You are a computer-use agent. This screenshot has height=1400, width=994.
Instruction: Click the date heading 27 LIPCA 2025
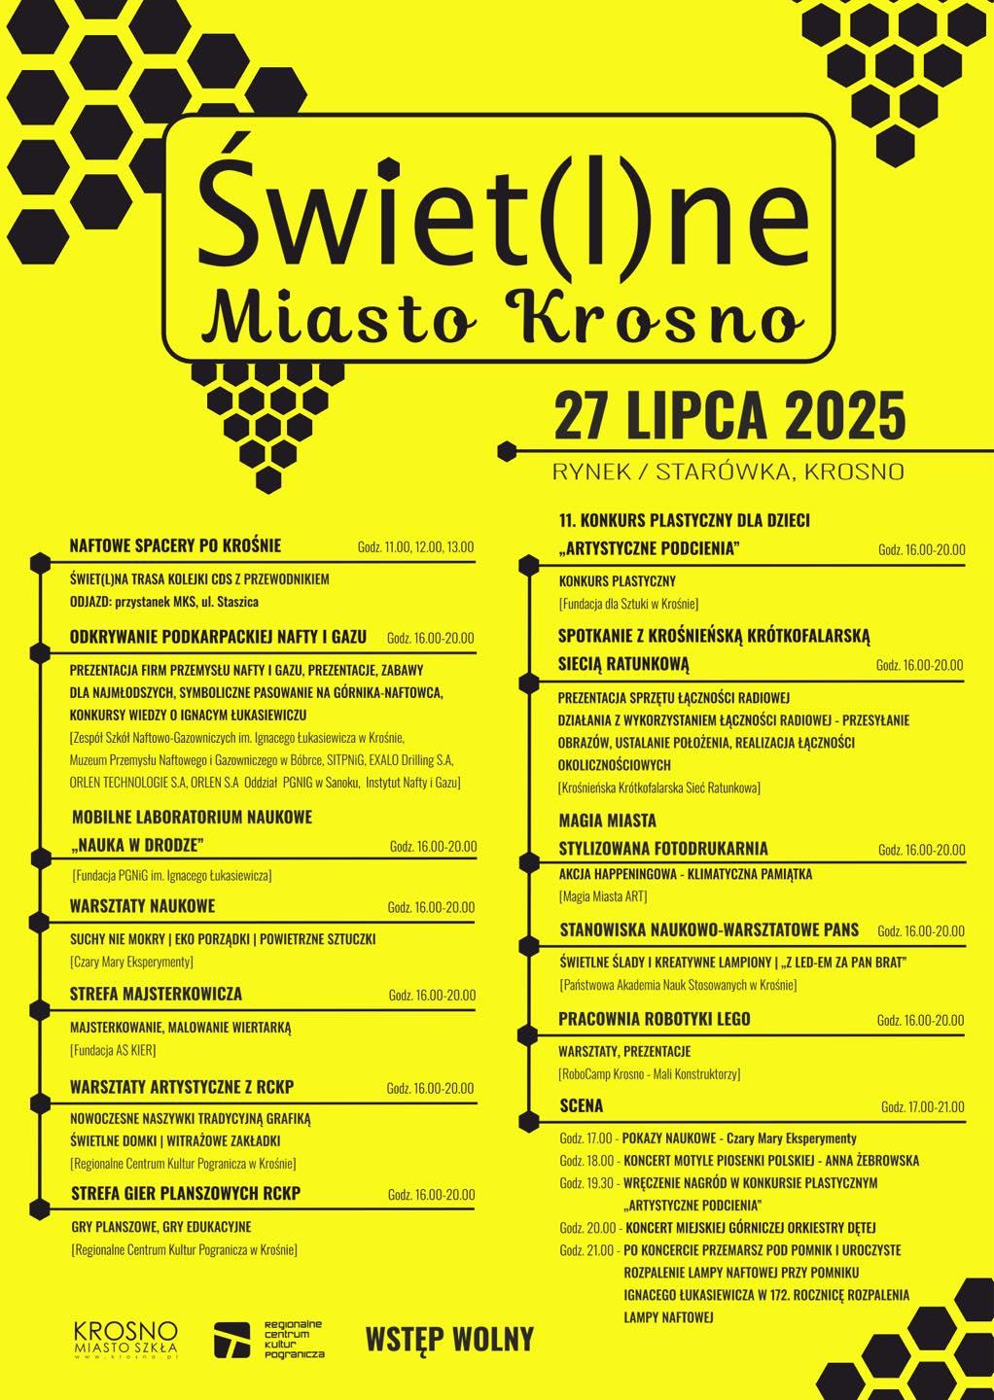(728, 415)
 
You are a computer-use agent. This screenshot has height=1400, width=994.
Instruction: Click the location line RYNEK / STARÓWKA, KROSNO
(728, 472)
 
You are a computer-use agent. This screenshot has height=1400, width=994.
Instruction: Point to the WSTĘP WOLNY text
(449, 1339)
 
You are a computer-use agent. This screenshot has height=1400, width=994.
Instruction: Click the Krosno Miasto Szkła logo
(125, 1339)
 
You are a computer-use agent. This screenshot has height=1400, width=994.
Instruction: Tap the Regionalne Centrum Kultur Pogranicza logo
(269, 1339)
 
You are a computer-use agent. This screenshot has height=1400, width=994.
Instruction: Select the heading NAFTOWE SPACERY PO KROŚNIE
(175, 545)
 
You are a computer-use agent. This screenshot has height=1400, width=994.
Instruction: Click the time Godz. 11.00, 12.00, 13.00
(415, 547)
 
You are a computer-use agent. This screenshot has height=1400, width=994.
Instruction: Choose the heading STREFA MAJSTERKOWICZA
(156, 994)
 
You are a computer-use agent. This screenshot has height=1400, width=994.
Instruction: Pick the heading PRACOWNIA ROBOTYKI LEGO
(655, 1019)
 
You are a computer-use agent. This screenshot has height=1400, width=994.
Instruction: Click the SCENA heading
(582, 1105)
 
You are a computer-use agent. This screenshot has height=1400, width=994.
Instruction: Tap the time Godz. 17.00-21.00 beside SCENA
(922, 1107)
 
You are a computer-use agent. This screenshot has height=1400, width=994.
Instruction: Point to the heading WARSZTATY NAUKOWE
(142, 906)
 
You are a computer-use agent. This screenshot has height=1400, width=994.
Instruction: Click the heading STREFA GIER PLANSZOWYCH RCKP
(186, 1193)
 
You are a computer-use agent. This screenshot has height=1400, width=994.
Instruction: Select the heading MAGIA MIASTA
(608, 821)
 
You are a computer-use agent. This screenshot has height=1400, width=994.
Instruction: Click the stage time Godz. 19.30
(586, 1183)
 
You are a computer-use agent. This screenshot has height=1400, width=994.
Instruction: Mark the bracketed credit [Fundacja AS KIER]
(113, 1050)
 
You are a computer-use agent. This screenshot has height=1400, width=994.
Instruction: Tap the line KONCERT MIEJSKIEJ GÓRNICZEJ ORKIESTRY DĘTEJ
(750, 1227)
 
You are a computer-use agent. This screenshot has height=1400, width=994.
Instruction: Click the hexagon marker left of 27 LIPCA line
(506, 451)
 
